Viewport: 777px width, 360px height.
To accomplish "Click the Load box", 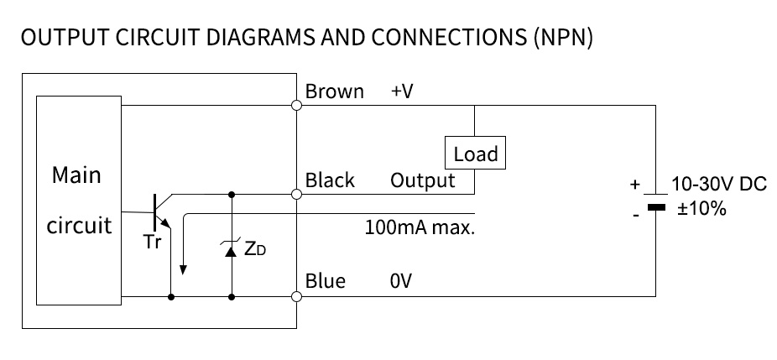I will (x=475, y=154).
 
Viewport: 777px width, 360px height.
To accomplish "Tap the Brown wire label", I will (x=334, y=91).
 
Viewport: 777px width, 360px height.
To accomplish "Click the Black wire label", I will (x=330, y=180).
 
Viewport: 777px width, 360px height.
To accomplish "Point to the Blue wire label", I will (x=325, y=280).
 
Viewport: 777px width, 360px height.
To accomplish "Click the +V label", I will (x=402, y=91).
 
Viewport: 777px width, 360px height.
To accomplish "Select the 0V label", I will (x=401, y=280).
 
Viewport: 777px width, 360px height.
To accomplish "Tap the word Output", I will (x=423, y=180).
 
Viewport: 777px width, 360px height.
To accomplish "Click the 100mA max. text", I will (x=420, y=227).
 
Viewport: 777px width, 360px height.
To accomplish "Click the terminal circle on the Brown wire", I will (x=296, y=106).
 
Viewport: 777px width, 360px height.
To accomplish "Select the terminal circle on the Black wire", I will (x=296, y=195).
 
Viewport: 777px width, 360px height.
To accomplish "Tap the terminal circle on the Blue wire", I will (x=296, y=296).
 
